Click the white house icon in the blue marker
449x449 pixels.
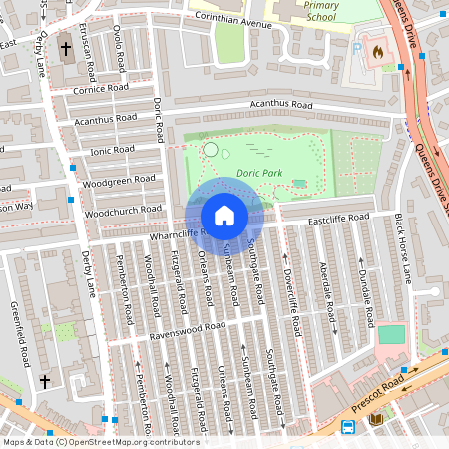[x=224, y=216]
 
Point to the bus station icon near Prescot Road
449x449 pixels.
[x=348, y=427]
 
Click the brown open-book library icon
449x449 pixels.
[x=375, y=419]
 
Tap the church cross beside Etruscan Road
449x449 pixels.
[x=66, y=48]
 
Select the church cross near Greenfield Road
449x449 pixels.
[x=44, y=381]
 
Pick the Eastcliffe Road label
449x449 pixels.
[x=339, y=218]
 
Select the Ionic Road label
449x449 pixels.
[x=112, y=150]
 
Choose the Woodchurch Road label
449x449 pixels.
[x=123, y=211]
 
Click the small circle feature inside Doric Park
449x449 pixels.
[x=210, y=150]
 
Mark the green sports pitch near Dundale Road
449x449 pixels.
[x=392, y=334]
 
